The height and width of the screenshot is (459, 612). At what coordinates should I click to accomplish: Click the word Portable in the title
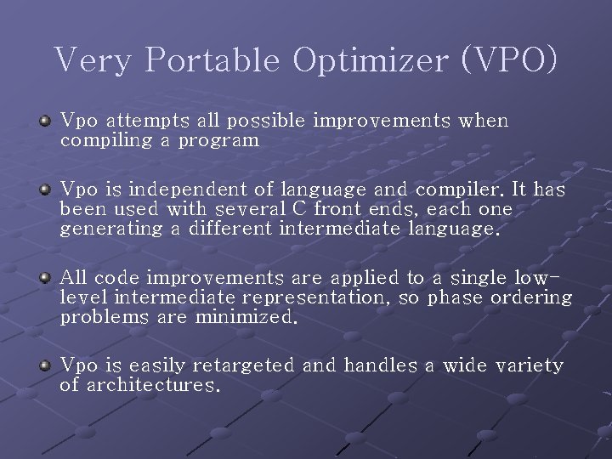(212, 60)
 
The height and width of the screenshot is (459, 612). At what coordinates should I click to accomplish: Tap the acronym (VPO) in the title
(509, 60)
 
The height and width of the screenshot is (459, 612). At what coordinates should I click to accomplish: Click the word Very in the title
(94, 60)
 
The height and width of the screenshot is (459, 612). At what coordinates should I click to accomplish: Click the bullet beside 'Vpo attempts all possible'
(46, 122)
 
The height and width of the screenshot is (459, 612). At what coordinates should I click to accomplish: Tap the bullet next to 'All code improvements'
(46, 279)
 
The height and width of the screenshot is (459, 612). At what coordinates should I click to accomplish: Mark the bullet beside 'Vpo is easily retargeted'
(46, 366)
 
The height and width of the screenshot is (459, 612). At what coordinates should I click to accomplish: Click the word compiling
(106, 140)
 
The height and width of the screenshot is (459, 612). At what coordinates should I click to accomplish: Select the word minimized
(246, 317)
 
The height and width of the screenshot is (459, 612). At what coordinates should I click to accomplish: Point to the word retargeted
(243, 365)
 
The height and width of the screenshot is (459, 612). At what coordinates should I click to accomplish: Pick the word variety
(530, 365)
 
